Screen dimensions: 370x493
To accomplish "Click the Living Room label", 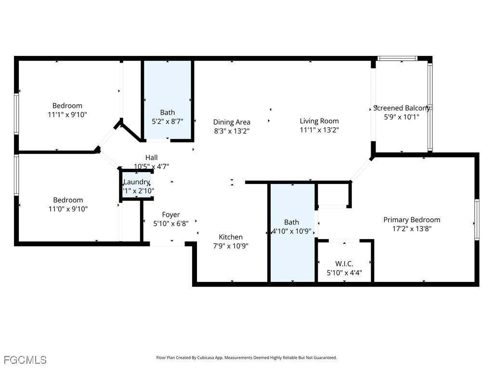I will pos(319,121).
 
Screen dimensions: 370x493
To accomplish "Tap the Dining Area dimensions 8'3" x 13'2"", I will pos(232,131).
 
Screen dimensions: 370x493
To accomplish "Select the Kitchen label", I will pos(231,237).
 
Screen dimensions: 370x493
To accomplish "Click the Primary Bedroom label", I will pos(412,220).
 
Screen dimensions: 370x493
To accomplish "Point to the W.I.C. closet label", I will pos(344,264).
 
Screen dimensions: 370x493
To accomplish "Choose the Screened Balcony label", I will pos(402,108).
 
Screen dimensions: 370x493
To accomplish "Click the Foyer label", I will pos(170,214).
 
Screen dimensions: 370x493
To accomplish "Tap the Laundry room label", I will pos(137,182).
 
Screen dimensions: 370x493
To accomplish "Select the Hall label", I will pos(151,158).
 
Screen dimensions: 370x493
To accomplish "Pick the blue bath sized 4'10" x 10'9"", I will pos(292,251).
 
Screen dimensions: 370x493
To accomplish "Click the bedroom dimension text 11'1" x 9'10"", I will pos(67,115).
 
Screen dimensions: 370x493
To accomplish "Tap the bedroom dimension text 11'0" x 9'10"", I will pos(67,209).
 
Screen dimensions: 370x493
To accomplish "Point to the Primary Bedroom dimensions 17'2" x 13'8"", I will pos(412,229).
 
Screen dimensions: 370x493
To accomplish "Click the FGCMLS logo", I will pos(25,360).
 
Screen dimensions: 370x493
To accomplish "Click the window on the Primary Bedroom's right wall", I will pos(477,219).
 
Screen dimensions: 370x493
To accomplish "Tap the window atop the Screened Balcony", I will pos(397,58).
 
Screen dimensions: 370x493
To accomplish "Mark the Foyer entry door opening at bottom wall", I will pos(167,244).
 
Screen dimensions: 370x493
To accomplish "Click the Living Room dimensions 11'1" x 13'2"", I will pos(319,130).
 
